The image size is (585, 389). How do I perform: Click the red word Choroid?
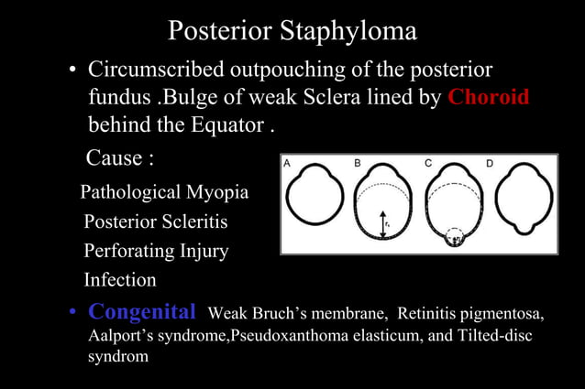pos(489,97)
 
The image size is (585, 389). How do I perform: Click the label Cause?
pos(119,158)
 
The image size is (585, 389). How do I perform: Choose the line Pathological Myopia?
pos(164,193)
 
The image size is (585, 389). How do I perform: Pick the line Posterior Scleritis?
pos(156,222)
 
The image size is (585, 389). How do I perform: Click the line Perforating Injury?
pos(156,251)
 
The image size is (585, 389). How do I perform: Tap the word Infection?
pos(120,279)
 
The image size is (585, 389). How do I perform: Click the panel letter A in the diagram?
pos(287,163)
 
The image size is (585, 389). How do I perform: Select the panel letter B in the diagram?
pos(359,163)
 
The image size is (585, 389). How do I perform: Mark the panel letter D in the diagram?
pos(490,163)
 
